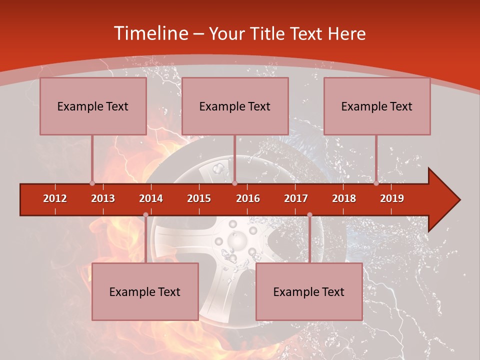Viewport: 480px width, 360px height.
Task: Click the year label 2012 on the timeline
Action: coord(55,198)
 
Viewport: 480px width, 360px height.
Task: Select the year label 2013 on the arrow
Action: coord(103,198)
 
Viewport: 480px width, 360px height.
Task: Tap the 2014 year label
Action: coord(151,198)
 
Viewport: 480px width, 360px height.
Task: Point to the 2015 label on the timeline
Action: coord(199,198)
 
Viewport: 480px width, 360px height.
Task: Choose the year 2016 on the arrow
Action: coord(248,198)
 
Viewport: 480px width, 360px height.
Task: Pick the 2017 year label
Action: coord(296,198)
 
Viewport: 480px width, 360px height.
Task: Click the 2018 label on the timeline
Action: coord(344,198)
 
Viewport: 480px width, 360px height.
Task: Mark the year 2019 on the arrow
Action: coord(392,198)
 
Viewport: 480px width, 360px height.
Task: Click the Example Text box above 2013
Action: coord(93,106)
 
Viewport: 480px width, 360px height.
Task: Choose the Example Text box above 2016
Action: coord(235,106)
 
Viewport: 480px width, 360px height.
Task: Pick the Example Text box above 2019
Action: coord(377,106)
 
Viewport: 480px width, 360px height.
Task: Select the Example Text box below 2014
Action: coord(145,291)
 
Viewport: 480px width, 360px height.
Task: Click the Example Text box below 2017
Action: coord(309,291)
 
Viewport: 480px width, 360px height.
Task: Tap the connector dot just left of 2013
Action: coord(92,183)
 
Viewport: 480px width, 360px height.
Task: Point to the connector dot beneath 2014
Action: coord(145,215)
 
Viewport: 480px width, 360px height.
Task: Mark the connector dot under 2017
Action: coord(309,215)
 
